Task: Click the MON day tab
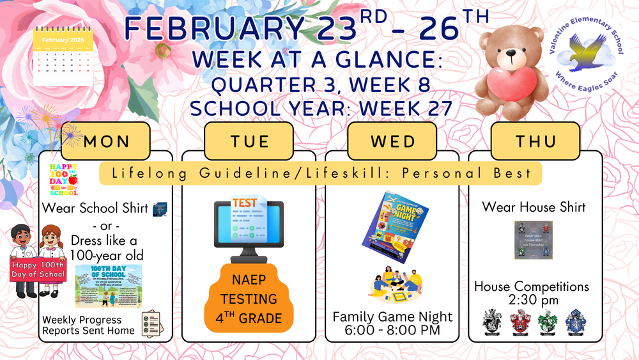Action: point(105,141)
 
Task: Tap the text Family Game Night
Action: point(392,317)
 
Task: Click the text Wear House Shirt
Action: point(534,207)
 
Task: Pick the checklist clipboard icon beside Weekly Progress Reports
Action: point(151,324)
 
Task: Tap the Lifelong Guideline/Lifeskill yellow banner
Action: point(319,174)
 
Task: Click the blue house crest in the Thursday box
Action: point(575,322)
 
